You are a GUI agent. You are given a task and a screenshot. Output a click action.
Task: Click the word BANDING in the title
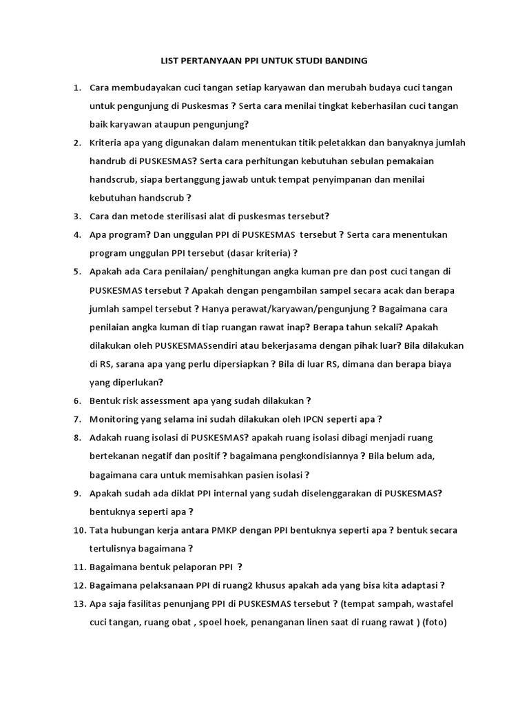pyautogui.click(x=345, y=61)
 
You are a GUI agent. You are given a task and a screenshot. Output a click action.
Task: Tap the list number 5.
pyautogui.click(x=77, y=271)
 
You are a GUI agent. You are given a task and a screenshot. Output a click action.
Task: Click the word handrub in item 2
pyautogui.click(x=108, y=161)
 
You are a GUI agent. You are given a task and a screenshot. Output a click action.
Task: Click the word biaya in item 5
pyautogui.click(x=437, y=363)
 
